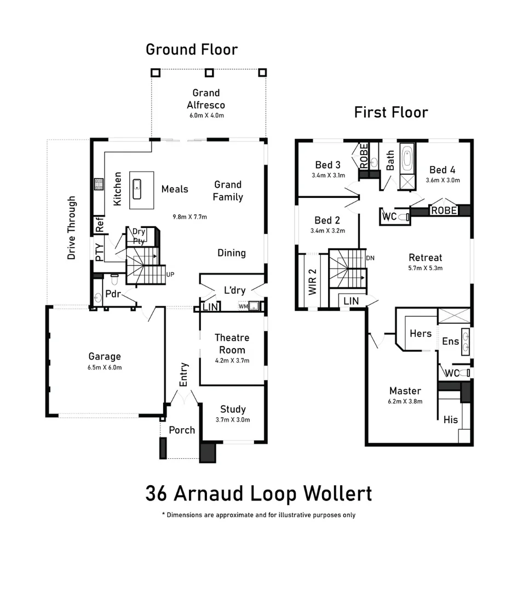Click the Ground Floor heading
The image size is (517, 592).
pos(192,49)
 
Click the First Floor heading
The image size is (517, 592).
pos(390,112)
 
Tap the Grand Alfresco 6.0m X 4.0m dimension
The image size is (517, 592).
pos(206,116)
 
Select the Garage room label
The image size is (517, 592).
pos(105,357)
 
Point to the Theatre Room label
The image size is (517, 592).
pos(232,344)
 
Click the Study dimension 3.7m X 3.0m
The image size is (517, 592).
pos(233,420)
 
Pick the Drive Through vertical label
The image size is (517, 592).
pos(72,227)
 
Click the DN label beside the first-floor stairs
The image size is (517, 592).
pos(370,258)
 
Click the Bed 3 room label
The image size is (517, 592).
pos(328,165)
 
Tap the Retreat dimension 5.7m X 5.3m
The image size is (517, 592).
pos(425,268)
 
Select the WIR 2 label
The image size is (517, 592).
pos(313,282)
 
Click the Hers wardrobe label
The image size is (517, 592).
pos(421,333)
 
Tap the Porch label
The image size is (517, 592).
pos(182,430)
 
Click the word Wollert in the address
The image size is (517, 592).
pos(339,493)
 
